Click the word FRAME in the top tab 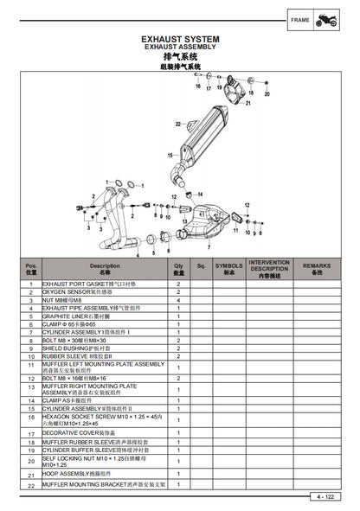pyautogui.click(x=299, y=20)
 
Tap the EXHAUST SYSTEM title pyautogui.click(x=180, y=40)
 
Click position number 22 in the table pyautogui.click(x=30, y=485)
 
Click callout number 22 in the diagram pyautogui.click(x=178, y=124)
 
